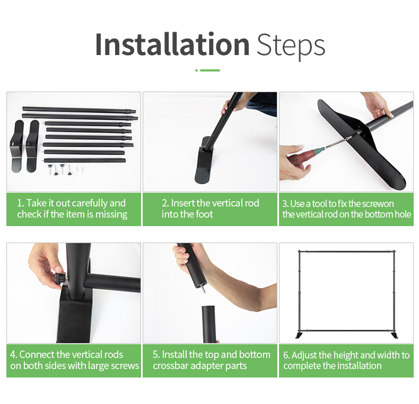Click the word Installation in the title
click(x=172, y=44)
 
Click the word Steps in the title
click(x=291, y=46)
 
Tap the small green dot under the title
click(x=197, y=70)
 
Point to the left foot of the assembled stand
click(x=299, y=335)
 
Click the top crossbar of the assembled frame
click(x=346, y=252)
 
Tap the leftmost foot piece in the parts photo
click(x=17, y=146)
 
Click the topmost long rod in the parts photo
click(x=79, y=110)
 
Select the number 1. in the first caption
click(x=21, y=203)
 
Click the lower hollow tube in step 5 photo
click(x=210, y=324)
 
